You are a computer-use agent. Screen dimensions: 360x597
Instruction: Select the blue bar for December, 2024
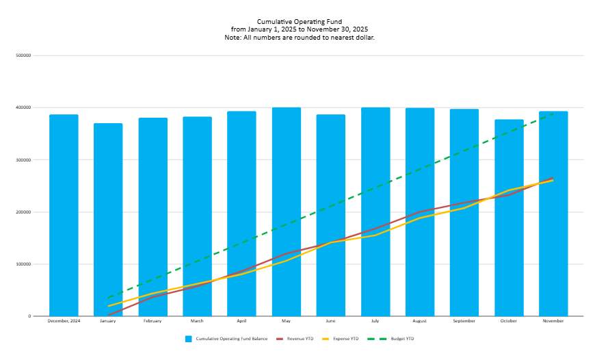click(64, 215)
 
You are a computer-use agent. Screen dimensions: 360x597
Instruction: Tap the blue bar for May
click(287, 211)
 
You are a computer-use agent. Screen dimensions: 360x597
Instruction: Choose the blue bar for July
click(375, 211)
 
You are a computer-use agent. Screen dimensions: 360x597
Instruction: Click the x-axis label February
click(152, 321)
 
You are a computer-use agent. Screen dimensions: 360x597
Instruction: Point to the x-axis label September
click(464, 321)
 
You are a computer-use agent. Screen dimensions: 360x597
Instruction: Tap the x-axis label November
click(553, 321)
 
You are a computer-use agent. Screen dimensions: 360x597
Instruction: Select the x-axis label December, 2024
click(64, 321)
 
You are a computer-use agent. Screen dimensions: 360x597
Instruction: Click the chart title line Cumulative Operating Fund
click(300, 22)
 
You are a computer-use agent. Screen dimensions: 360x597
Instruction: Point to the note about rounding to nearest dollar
click(300, 38)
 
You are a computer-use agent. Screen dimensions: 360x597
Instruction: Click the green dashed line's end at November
click(553, 114)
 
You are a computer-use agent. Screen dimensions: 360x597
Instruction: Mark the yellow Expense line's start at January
click(108, 306)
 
